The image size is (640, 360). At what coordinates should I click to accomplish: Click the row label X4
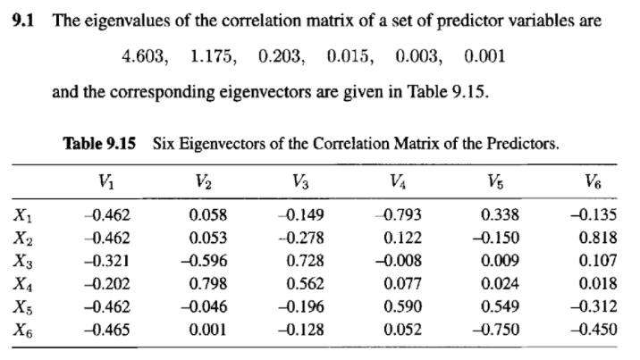(25, 286)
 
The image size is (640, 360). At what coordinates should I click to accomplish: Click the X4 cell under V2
(208, 286)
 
